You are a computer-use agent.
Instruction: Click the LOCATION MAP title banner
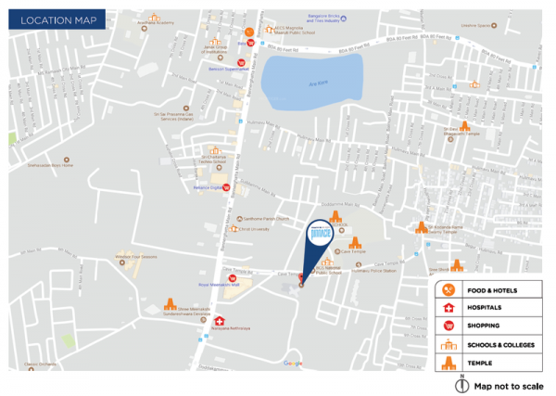(x=47, y=19)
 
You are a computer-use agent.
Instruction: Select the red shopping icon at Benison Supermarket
(x=215, y=63)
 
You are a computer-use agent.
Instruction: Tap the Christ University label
(x=254, y=228)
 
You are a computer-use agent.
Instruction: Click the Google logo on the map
(x=293, y=363)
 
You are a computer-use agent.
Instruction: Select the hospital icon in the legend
(x=449, y=307)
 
